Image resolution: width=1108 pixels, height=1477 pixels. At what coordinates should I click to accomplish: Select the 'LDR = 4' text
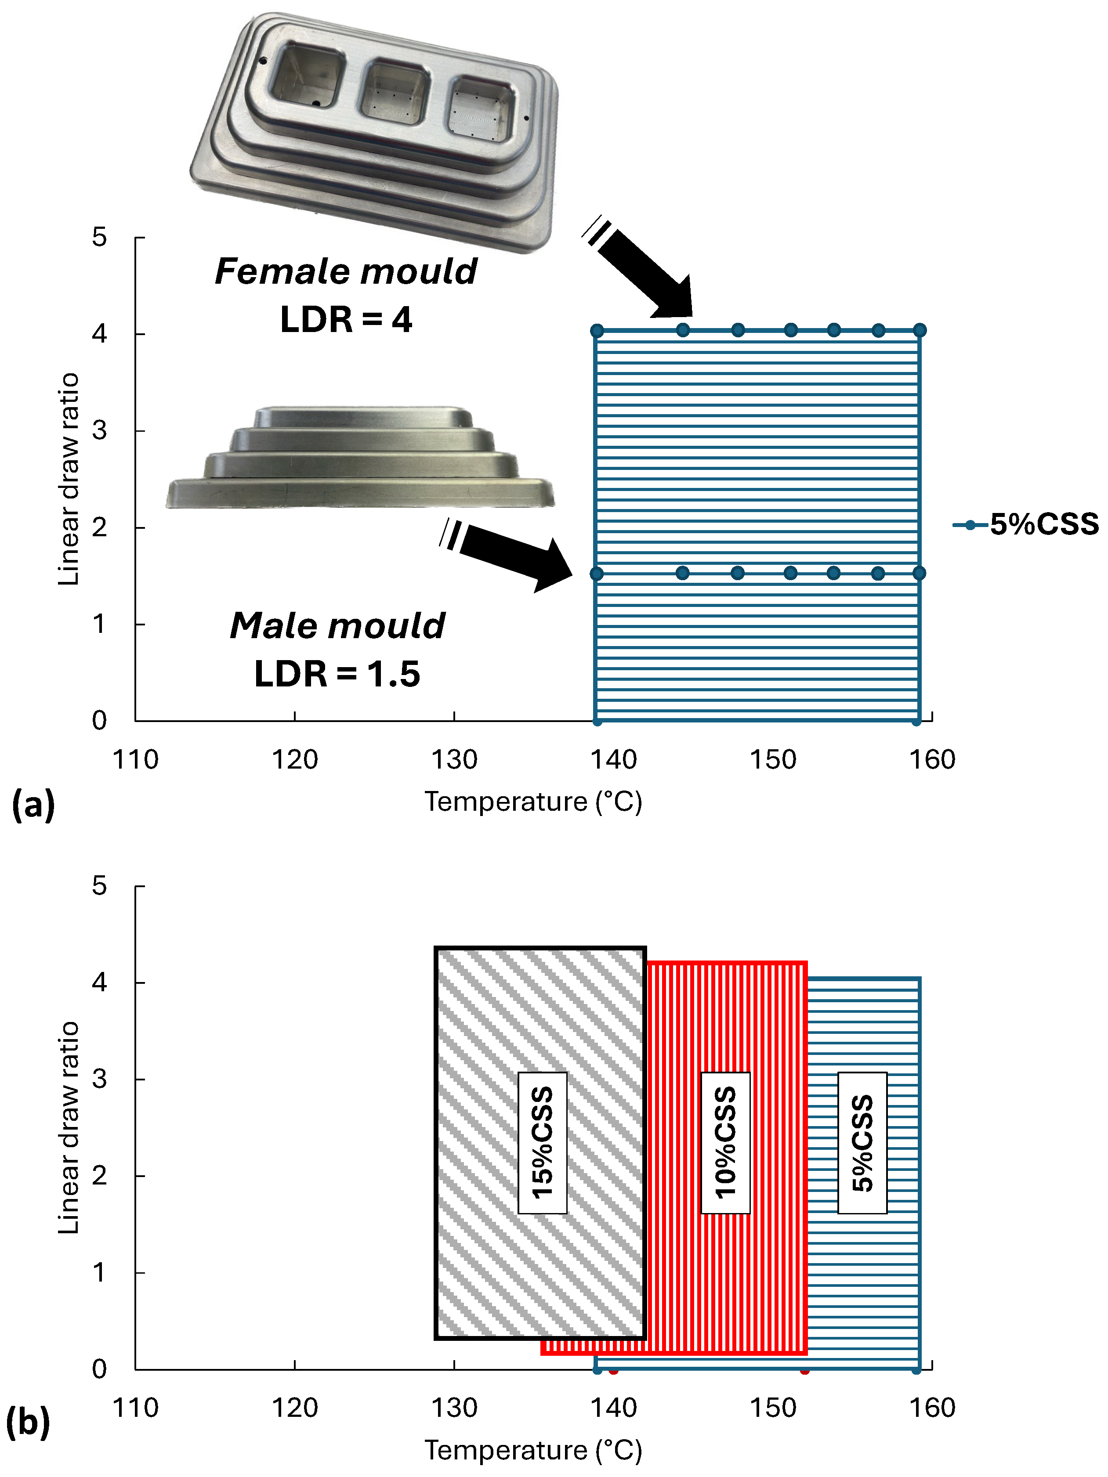346,319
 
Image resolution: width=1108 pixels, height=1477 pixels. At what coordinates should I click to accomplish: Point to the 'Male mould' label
337,626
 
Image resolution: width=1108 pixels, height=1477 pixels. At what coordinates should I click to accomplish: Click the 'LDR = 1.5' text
337,673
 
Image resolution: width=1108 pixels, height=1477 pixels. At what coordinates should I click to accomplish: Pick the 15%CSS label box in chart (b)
542,1142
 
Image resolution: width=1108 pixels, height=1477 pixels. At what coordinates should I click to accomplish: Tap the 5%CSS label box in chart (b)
862,1142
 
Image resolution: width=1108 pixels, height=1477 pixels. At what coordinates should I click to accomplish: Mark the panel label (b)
28,1422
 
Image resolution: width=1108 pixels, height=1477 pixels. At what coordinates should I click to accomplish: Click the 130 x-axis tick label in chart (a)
454,760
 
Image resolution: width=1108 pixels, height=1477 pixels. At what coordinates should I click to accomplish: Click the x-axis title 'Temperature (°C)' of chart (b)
533,1450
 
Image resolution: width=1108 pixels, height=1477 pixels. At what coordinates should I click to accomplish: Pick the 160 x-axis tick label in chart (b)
932,1408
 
